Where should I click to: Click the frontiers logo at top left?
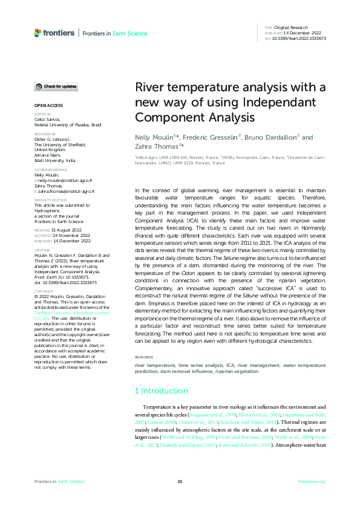pyautogui.click(x=55, y=33)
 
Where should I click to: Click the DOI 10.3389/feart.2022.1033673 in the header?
pyautogui.click(x=299, y=38)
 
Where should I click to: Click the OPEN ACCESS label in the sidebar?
pyautogui.click(x=46, y=106)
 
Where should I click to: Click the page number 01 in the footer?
pyautogui.click(x=180, y=481)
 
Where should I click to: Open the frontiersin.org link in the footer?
pyautogui.click(x=312, y=481)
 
